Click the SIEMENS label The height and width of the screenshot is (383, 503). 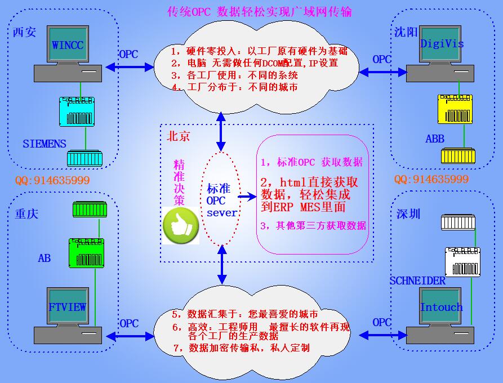click(x=44, y=144)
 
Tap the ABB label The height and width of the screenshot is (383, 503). click(x=435, y=138)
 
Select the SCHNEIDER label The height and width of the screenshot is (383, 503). click(x=417, y=280)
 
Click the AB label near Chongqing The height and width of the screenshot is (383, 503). click(x=44, y=258)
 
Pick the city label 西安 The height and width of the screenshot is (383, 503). click(x=24, y=32)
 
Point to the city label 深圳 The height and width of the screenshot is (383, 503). click(x=408, y=215)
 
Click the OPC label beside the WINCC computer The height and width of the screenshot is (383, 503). click(x=128, y=55)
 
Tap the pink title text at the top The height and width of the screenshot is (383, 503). click(x=260, y=11)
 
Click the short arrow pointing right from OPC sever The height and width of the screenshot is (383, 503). click(x=247, y=197)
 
